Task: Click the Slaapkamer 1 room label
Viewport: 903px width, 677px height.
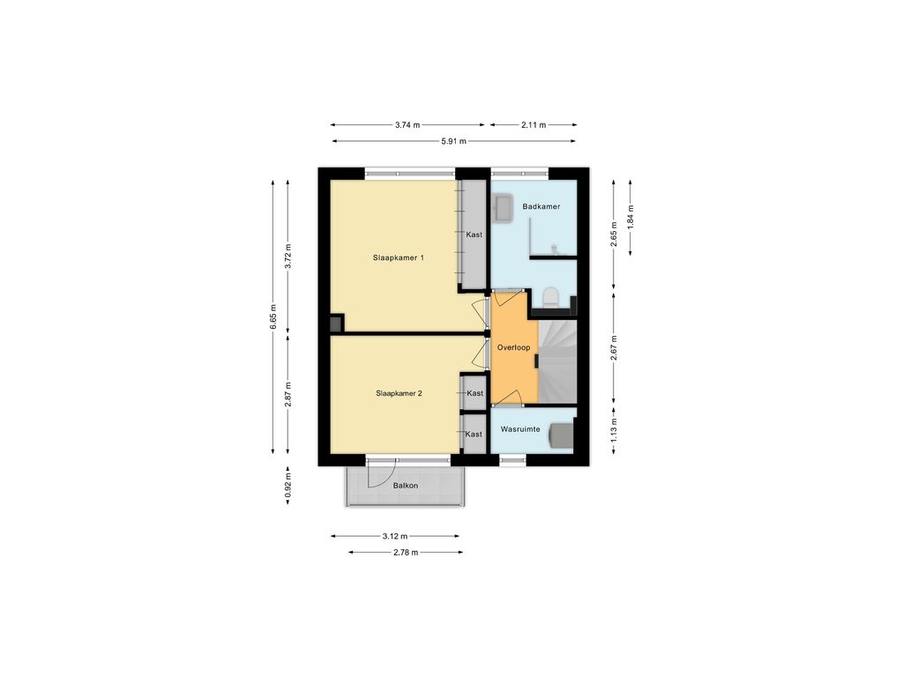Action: (x=399, y=258)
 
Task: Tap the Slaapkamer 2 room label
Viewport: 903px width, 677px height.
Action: (x=399, y=393)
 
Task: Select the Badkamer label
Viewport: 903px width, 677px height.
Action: (x=541, y=206)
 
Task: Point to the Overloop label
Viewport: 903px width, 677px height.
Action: (x=514, y=347)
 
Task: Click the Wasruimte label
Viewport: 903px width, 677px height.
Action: (x=520, y=429)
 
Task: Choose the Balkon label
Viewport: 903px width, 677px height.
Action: (x=406, y=486)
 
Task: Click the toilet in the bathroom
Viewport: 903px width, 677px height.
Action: (x=551, y=297)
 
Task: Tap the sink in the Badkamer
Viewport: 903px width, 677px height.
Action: (x=504, y=208)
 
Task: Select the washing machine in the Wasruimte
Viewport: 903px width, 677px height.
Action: (x=561, y=434)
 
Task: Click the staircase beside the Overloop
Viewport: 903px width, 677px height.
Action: (x=557, y=361)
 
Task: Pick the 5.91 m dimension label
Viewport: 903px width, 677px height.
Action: (x=454, y=141)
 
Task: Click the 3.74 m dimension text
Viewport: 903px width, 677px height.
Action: (x=407, y=125)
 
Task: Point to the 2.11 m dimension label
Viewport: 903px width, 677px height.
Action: (x=534, y=125)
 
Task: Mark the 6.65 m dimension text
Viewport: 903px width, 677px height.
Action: (x=273, y=317)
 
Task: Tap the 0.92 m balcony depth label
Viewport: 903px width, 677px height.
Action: (x=288, y=485)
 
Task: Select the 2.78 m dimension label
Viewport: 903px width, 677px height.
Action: (x=406, y=553)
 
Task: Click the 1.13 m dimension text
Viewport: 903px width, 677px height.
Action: (x=614, y=429)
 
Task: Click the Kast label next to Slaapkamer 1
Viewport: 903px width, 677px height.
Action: (x=474, y=234)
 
